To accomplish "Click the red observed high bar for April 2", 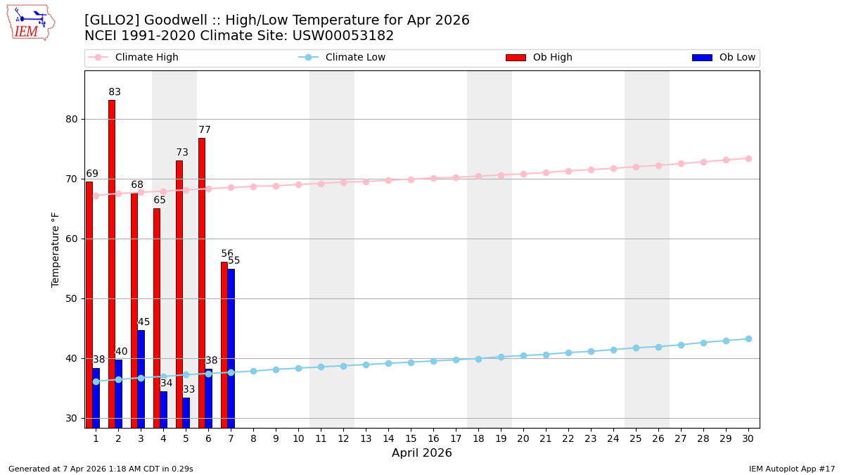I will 112,264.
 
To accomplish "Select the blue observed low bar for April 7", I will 231,348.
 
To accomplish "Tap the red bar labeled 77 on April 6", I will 202,281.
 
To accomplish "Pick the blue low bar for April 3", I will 141,379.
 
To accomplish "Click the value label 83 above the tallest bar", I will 115,92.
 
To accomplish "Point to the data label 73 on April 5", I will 182,153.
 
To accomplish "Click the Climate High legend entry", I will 146,58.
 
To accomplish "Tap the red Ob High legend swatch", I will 516,58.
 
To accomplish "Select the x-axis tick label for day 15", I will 411,438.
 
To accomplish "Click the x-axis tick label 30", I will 748,438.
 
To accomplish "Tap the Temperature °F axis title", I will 56,249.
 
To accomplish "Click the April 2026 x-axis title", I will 422,453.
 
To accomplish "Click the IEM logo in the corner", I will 30,23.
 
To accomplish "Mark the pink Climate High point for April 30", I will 748,158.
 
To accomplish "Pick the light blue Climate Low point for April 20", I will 523,355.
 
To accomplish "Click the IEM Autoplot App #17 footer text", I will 792,469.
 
